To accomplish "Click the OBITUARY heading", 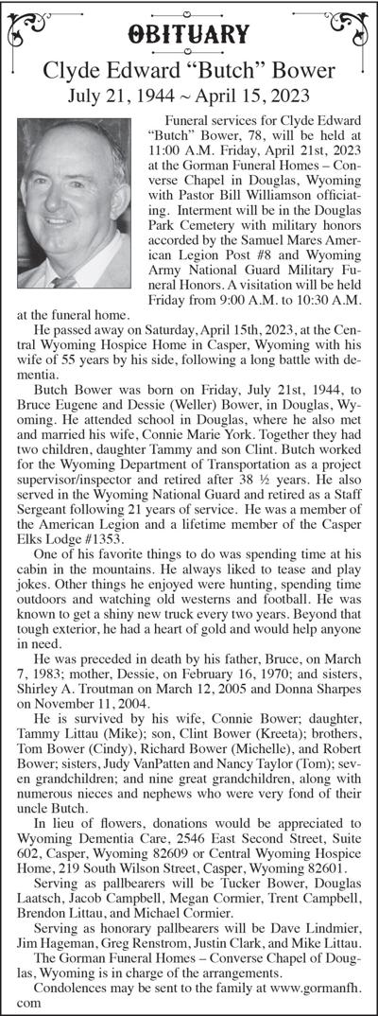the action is pos(189,36).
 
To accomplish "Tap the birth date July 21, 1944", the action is pos(121,95).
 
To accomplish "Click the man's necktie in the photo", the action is pos(64,281).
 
